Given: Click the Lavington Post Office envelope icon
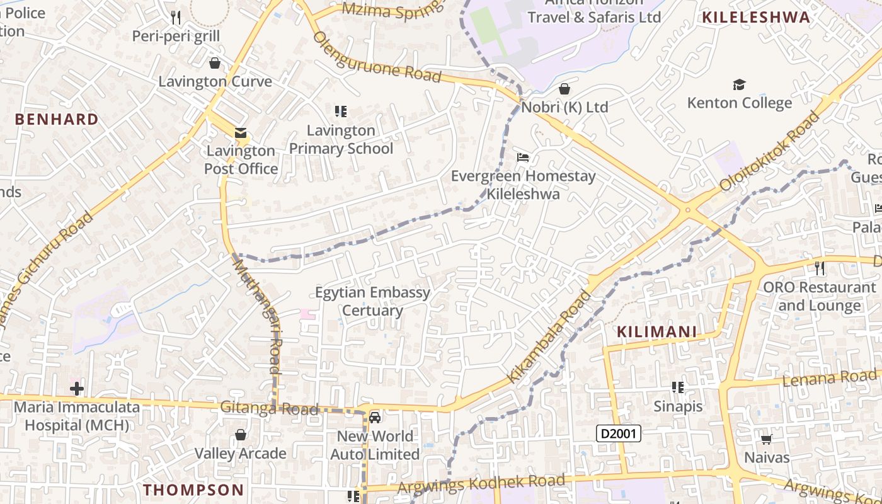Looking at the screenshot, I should click(x=241, y=132).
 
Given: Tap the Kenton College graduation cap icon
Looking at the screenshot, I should click(x=739, y=84).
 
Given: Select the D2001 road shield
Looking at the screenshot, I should click(x=619, y=433).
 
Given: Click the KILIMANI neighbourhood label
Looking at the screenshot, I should click(x=656, y=332).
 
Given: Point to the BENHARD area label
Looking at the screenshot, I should click(x=57, y=119).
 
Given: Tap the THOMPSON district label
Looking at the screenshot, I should click(x=193, y=490).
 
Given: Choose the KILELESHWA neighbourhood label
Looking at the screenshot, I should click(x=756, y=17).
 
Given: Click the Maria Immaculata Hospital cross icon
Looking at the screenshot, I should click(x=77, y=389).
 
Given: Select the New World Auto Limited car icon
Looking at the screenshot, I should click(x=375, y=417).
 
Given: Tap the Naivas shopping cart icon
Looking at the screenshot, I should click(x=767, y=439).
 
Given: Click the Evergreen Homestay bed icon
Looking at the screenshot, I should click(x=523, y=157).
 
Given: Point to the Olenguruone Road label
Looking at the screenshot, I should click(x=377, y=57).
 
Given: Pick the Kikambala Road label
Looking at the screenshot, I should click(x=549, y=337).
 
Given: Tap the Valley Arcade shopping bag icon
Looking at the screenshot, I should click(x=240, y=435).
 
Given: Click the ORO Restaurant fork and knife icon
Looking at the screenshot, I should click(x=819, y=268).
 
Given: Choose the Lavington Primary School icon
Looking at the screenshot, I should click(x=341, y=112).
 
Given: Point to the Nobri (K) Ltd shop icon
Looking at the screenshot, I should click(x=564, y=89).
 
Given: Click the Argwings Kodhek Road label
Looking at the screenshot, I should click(x=481, y=484).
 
